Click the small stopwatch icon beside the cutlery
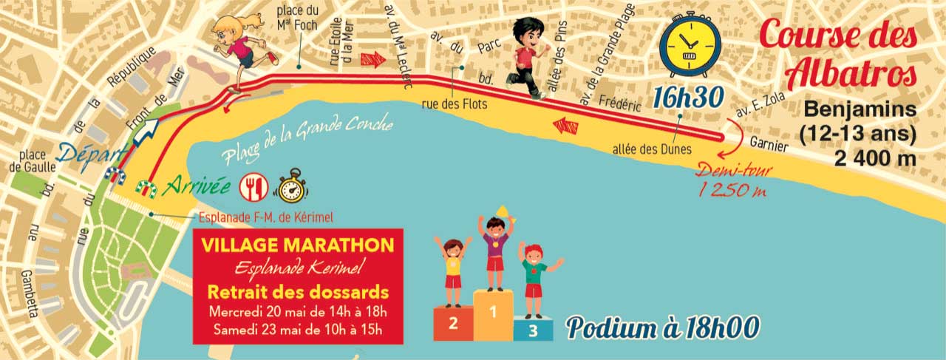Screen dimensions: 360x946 290,186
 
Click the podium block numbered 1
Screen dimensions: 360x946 493,314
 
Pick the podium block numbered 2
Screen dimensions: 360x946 452,323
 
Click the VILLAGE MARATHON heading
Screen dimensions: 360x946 298,244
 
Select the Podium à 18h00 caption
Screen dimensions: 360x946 663,326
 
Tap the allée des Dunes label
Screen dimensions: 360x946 652,149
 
